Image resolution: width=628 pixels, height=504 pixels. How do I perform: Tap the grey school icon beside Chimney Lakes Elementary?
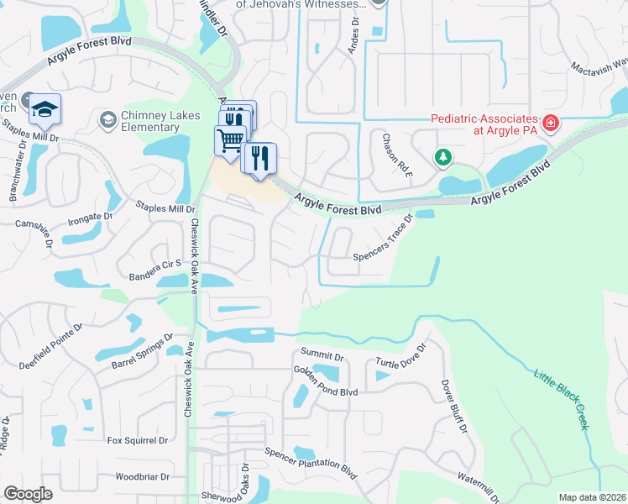(107, 121)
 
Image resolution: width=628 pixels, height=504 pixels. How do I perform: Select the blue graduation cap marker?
(44, 110)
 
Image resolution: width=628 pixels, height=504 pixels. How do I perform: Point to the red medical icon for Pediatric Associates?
(551, 123)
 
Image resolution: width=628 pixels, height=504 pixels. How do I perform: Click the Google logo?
(28, 493)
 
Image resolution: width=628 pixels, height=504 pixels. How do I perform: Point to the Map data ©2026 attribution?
(591, 497)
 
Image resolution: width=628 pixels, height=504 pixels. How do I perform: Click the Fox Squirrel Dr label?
(138, 440)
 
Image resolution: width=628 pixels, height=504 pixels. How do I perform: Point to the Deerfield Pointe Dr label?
(51, 347)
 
